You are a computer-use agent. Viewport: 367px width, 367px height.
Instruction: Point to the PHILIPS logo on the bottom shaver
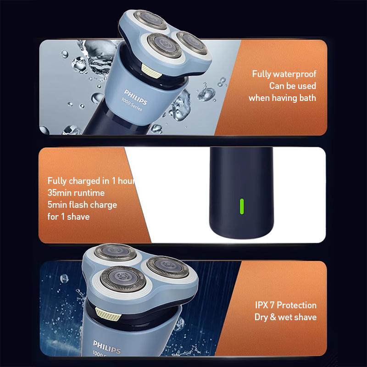(107, 347)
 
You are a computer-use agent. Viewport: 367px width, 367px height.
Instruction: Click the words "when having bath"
(282, 98)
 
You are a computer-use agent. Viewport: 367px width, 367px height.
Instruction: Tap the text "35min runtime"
(76, 193)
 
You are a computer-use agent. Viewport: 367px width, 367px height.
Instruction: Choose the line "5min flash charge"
(82, 205)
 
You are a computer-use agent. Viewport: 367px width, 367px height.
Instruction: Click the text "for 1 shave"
(68, 217)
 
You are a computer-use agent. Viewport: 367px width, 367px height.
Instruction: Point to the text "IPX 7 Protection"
(285, 305)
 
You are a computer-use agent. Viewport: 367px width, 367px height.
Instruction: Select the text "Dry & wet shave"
(285, 317)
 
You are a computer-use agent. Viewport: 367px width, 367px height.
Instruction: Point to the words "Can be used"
(293, 86)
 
